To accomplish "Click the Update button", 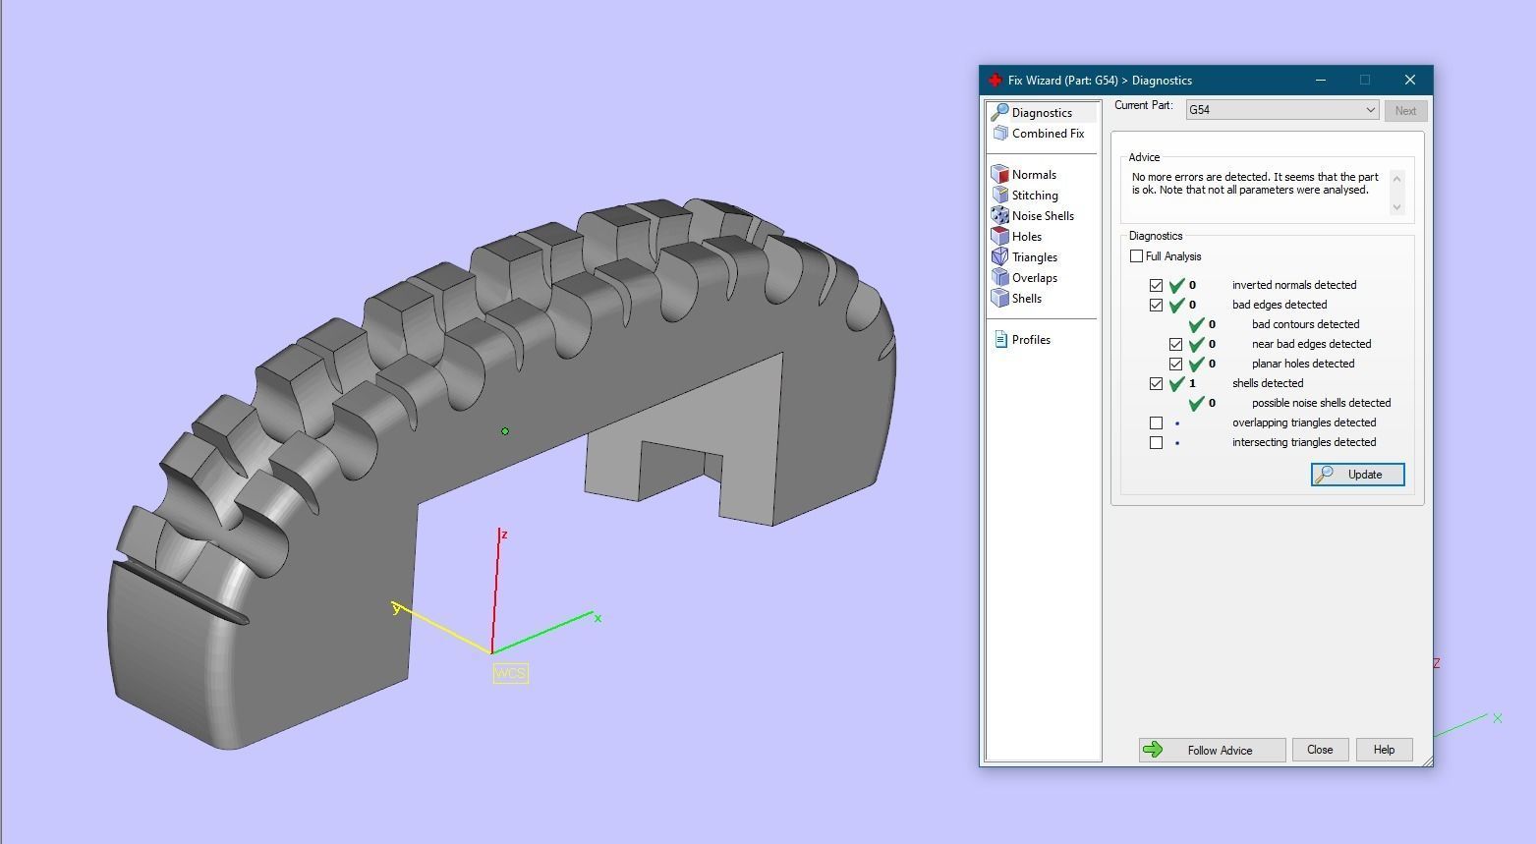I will pos(1357,475).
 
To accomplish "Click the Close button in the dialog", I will pos(1319,750).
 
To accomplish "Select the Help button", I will pos(1384,750).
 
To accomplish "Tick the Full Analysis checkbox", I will pos(1137,256).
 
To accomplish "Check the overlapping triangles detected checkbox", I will pos(1156,422).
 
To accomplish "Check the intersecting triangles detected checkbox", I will pos(1156,442).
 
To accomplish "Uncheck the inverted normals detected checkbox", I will pos(1156,285).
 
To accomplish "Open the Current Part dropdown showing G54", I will pos(1281,110).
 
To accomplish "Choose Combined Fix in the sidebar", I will pos(1047,134).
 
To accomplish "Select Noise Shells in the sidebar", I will pos(1042,216).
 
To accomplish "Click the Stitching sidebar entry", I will pos(1034,196).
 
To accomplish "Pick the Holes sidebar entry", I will pos(1026,237).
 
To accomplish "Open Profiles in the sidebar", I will pos(1030,340).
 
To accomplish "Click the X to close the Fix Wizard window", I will pos(1409,80).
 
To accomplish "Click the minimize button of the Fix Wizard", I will pos(1321,80).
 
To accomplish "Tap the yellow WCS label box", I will pos(510,673).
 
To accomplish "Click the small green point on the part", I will pos(505,431).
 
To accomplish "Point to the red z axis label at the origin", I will pos(504,535).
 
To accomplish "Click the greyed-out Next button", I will pos(1405,111).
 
